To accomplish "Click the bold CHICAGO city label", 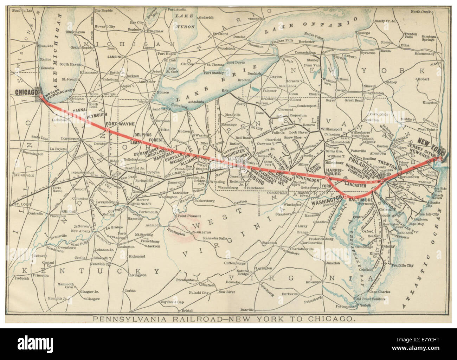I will pos(26,92).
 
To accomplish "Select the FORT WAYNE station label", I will pos(114,124).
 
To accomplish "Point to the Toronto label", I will pos(257,18).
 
